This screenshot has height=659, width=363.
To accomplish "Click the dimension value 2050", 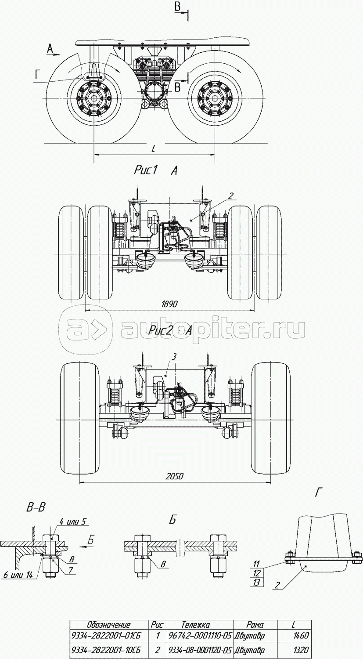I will click(x=174, y=476).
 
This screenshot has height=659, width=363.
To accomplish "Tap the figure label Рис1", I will click(x=146, y=170).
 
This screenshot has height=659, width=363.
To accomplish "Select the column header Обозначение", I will click(x=108, y=624).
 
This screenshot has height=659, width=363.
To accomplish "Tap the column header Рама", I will click(x=255, y=624).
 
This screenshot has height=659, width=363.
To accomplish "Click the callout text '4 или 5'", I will click(x=74, y=522).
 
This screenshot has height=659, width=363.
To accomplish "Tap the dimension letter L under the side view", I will click(x=153, y=149).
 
